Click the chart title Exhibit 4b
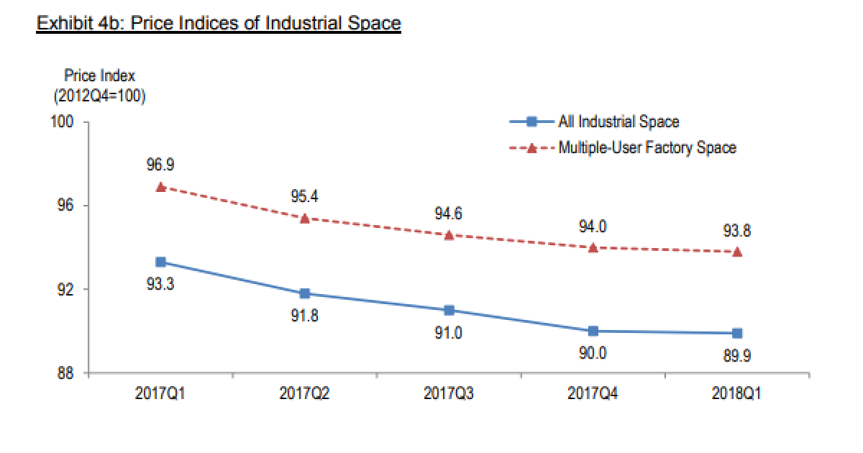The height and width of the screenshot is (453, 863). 219,23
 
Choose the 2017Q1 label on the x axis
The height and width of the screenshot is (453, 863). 160,394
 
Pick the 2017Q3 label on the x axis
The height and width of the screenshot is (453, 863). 449,394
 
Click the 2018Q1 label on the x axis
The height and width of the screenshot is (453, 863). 737,394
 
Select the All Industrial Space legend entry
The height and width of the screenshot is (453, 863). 618,122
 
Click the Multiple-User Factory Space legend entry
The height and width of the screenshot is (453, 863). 647,148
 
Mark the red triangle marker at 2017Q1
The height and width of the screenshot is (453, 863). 161,187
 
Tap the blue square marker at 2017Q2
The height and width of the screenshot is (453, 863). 305,293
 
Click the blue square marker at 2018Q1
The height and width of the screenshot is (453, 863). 737,333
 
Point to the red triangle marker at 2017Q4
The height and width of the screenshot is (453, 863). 593,247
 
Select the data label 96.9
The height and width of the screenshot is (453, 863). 160,165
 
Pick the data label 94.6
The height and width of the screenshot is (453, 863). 449,214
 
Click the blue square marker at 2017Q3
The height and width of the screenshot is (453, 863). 449,310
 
